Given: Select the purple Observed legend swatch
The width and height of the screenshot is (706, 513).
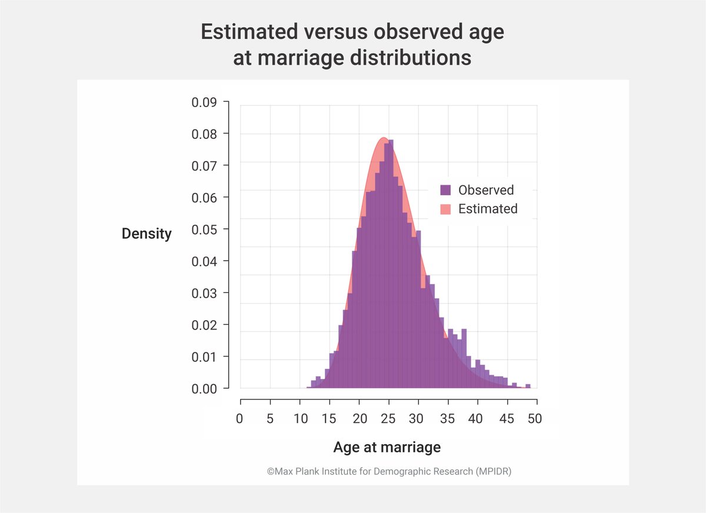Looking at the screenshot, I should [445, 190].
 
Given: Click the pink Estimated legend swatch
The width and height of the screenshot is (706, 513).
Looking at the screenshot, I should [445, 209].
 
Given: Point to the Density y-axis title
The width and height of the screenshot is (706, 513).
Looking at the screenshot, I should [146, 234].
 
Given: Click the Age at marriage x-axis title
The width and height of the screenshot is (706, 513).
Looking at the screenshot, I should [387, 447].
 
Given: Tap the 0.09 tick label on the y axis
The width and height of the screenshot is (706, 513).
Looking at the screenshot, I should [204, 102].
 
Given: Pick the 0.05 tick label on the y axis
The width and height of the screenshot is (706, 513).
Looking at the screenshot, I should [204, 229].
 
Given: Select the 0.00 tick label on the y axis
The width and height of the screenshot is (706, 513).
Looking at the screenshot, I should [204, 389].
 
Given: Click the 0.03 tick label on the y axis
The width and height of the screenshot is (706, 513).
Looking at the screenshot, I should [204, 293].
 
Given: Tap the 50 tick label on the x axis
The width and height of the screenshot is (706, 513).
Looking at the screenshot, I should [535, 419].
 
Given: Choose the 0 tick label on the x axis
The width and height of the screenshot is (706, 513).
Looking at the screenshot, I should [239, 419].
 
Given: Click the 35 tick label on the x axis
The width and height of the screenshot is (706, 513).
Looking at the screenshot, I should [447, 419].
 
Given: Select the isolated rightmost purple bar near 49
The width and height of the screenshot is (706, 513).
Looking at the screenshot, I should [528, 386].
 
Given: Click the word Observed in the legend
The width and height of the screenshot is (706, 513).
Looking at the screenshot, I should [486, 190].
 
